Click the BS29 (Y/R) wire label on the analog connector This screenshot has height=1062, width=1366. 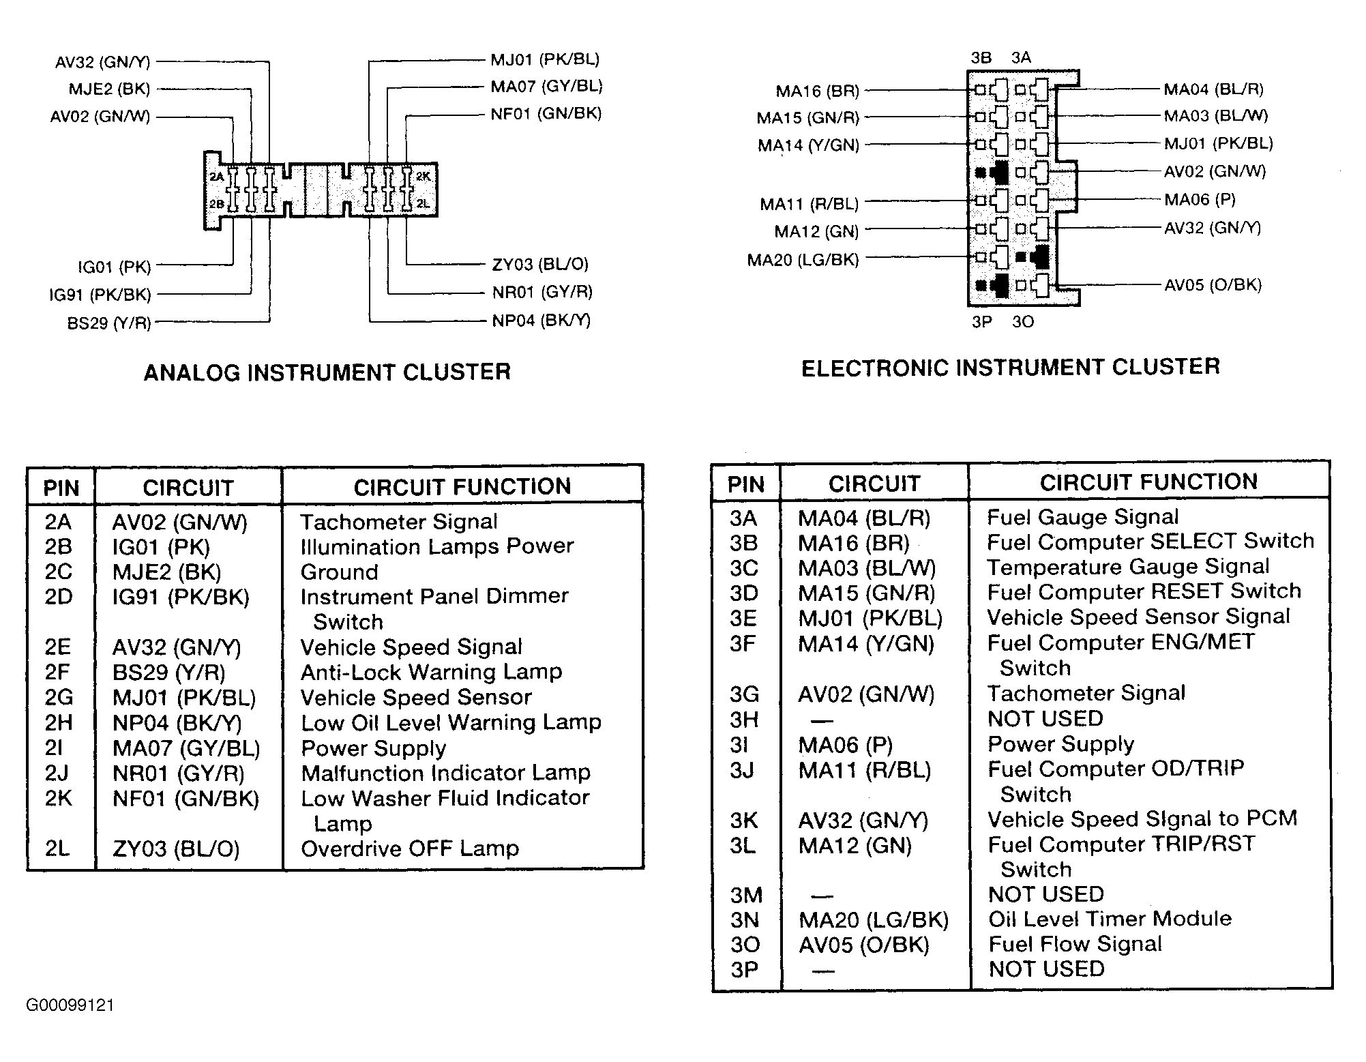tap(109, 323)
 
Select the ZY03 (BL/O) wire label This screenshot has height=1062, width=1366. tap(540, 265)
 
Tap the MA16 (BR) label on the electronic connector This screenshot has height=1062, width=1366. tap(818, 91)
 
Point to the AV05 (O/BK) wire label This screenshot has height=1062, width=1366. tap(1213, 285)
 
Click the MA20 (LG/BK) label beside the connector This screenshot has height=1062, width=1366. tap(803, 260)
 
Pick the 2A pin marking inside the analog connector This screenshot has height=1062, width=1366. tap(216, 177)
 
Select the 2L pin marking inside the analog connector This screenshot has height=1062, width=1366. tap(423, 203)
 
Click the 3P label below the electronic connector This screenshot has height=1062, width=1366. tap(982, 322)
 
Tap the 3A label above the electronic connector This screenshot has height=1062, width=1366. tap(1021, 58)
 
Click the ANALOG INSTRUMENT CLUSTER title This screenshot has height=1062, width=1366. tap(327, 372)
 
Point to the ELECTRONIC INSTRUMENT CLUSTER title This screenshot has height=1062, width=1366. tap(1011, 368)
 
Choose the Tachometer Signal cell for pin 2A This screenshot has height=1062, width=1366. tap(399, 522)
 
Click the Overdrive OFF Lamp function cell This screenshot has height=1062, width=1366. tap(410, 849)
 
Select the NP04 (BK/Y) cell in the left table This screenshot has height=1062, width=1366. tap(177, 723)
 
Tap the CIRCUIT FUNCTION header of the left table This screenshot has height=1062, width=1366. tap(462, 487)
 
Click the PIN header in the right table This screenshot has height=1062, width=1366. tap(746, 485)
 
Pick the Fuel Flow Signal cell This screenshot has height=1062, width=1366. tap(1075, 944)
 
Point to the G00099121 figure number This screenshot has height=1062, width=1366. tap(70, 1005)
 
